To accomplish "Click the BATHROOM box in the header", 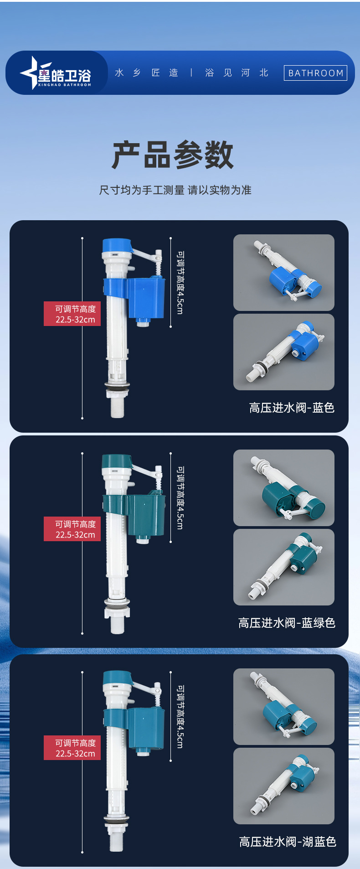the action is [315, 73].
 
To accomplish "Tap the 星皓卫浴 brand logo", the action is [56, 73].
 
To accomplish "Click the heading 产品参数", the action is [173, 155].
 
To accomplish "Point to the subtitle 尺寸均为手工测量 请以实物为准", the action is [175, 190].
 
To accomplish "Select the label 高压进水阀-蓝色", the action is [292, 408].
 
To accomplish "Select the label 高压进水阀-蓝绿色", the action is [287, 623].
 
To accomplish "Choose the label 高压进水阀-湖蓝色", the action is [288, 842].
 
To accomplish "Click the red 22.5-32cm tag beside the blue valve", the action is [72, 314].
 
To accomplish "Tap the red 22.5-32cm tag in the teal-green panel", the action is [72, 529].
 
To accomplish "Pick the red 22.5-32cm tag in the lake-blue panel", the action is [72, 748].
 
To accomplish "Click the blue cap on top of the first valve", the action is [117, 246].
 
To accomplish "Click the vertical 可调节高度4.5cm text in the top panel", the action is [180, 282].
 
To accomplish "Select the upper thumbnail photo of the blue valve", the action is [284, 273].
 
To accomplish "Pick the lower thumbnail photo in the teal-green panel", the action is [284, 567].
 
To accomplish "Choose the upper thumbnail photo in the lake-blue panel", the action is [284, 707].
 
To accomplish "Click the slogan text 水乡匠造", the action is [147, 73].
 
